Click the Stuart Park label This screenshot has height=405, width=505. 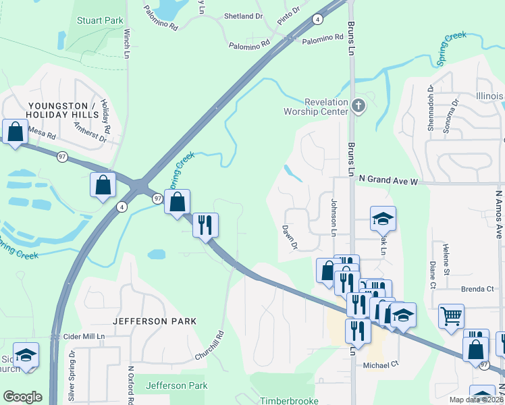tap(100, 21)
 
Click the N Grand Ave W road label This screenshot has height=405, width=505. tap(390, 180)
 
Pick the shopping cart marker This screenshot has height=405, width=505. tap(451, 315)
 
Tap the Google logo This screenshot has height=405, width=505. tap(22, 397)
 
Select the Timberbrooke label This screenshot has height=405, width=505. tap(289, 400)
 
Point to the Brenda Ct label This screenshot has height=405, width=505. tap(478, 289)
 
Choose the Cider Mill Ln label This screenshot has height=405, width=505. tap(84, 336)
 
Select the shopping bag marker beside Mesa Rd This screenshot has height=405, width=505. tap(15, 132)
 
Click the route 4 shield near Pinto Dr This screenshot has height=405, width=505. tap(317, 19)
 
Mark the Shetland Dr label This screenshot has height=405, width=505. tap(243, 16)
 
